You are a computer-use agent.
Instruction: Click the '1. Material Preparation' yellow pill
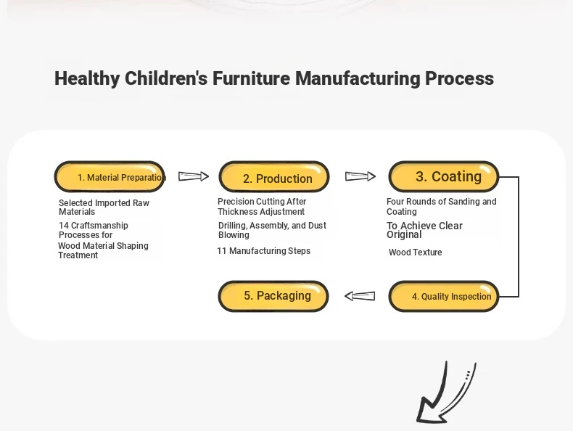(x=110, y=176)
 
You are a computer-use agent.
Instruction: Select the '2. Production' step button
(x=274, y=176)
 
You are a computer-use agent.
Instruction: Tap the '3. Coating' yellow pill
(x=444, y=176)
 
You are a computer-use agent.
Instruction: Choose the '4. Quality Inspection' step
(x=444, y=296)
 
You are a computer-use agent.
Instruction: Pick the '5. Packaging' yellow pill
(x=273, y=296)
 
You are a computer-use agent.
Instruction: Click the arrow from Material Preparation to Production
(x=194, y=176)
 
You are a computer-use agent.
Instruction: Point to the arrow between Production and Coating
(x=360, y=176)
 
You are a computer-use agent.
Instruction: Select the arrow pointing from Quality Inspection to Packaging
(x=360, y=296)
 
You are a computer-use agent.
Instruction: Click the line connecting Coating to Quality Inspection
(x=519, y=237)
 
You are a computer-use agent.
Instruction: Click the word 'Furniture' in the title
(x=252, y=78)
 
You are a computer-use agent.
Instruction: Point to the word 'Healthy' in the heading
(x=87, y=78)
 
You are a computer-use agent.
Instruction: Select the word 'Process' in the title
(x=459, y=78)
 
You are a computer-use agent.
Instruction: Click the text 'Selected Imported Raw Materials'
(x=104, y=208)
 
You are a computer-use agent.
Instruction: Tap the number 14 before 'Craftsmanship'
(x=64, y=226)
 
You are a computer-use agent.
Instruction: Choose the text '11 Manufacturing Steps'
(x=264, y=251)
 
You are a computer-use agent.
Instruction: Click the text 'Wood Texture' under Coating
(x=415, y=253)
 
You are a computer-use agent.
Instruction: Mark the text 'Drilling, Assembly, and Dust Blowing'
(x=272, y=230)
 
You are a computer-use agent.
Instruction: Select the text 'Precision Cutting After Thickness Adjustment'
(x=262, y=207)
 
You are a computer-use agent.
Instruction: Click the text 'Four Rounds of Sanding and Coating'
(x=442, y=207)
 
